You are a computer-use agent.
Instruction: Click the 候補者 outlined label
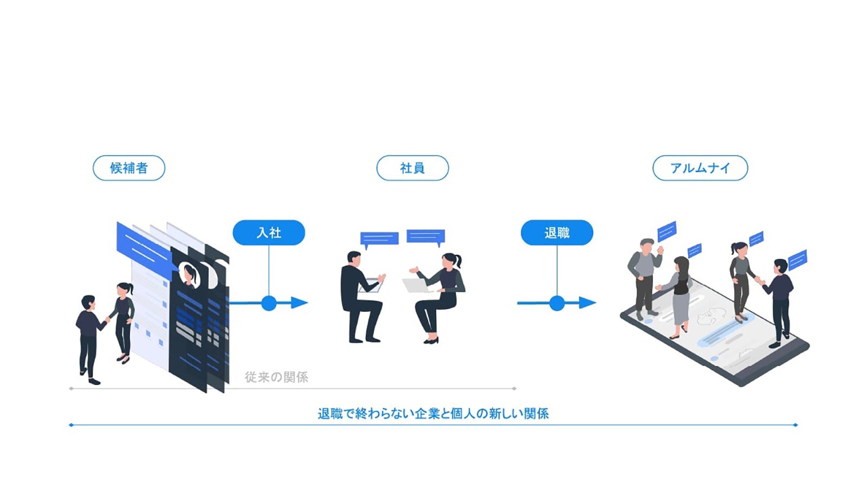point(129,168)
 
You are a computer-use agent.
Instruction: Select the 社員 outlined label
point(412,168)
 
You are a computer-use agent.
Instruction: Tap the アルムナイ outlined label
point(700,168)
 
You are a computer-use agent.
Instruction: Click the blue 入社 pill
point(269,233)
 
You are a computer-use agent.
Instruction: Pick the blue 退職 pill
point(557,233)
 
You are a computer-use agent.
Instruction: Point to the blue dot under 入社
point(269,303)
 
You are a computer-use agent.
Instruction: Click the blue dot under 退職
point(557,303)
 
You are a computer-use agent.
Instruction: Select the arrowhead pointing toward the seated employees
point(300,303)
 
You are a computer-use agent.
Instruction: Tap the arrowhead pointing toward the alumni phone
point(587,303)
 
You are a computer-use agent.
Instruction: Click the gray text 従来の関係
point(276,377)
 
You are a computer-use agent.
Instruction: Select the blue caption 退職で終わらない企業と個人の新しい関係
point(433,414)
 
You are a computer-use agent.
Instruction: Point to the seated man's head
point(354,258)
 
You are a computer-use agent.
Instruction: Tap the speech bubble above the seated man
point(379,238)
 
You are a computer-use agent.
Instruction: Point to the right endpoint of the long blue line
point(795,425)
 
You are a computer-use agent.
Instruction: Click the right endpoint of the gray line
point(514,389)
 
